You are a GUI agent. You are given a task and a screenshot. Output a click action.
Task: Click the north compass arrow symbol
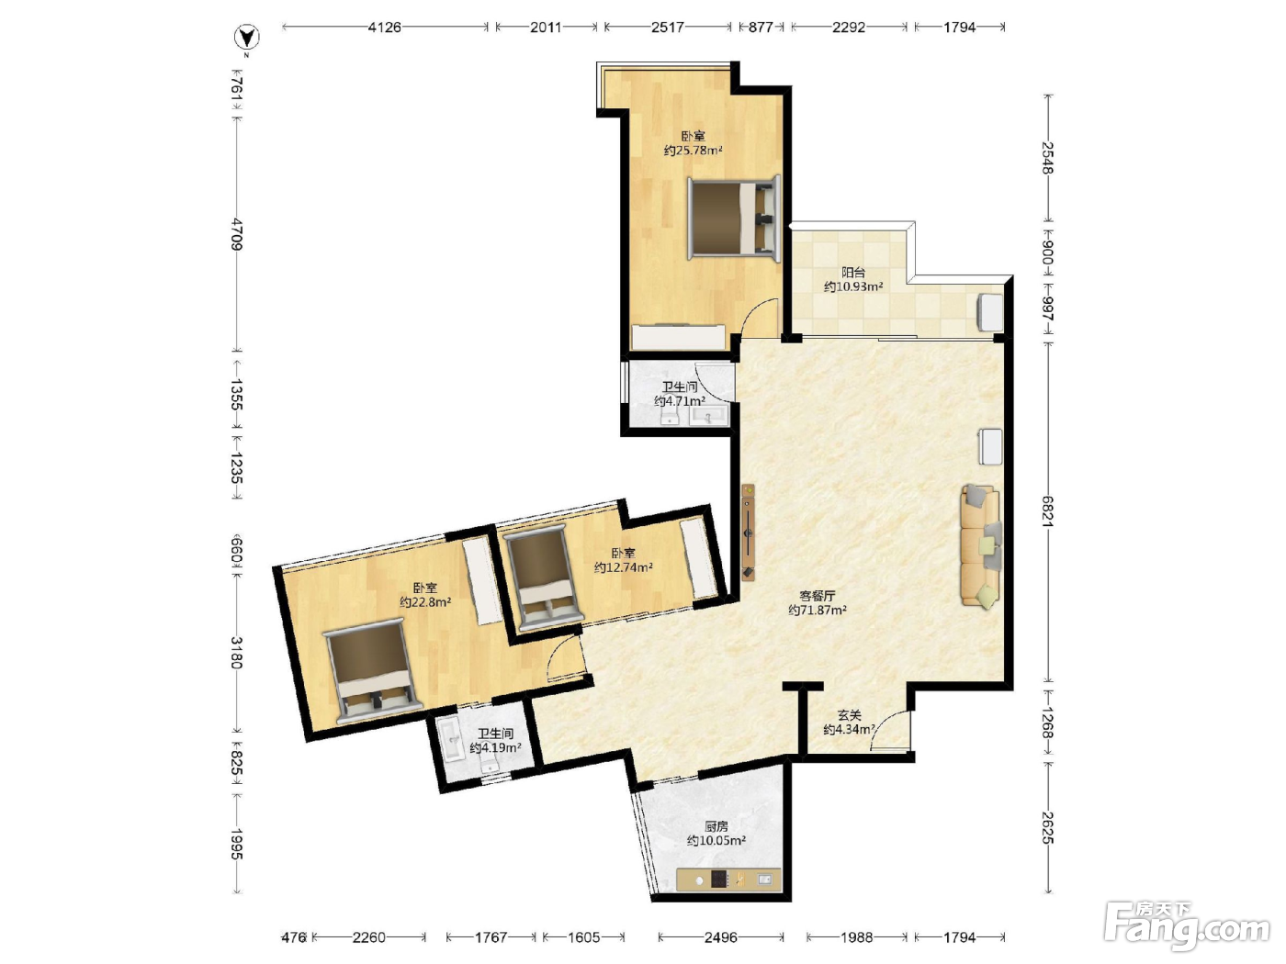(x=247, y=38)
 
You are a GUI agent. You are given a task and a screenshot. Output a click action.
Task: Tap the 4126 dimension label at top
(x=384, y=27)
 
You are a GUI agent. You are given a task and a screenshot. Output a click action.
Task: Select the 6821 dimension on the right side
(x=1047, y=511)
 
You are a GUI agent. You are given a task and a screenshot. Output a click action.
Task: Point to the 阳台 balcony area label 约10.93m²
(x=853, y=286)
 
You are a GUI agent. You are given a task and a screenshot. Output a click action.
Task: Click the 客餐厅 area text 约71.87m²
(x=818, y=610)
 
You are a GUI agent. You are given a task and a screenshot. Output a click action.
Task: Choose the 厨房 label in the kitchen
(x=716, y=826)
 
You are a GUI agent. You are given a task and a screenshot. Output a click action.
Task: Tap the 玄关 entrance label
(x=849, y=715)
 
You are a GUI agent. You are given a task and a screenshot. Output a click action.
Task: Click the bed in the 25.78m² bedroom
(x=734, y=218)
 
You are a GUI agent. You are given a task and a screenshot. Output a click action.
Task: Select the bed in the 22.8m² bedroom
(x=373, y=672)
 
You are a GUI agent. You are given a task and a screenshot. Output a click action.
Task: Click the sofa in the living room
(x=980, y=546)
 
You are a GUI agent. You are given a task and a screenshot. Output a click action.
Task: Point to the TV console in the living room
(x=748, y=532)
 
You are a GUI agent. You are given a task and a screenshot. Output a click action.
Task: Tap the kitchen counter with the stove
(x=728, y=880)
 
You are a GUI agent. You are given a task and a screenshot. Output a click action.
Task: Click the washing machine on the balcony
(x=990, y=313)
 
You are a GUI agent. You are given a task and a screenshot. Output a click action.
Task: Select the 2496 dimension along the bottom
(x=721, y=937)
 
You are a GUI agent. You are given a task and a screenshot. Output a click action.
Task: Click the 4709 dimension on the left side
(x=236, y=234)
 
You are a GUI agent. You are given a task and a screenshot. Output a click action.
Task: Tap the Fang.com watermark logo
(x=1187, y=926)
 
